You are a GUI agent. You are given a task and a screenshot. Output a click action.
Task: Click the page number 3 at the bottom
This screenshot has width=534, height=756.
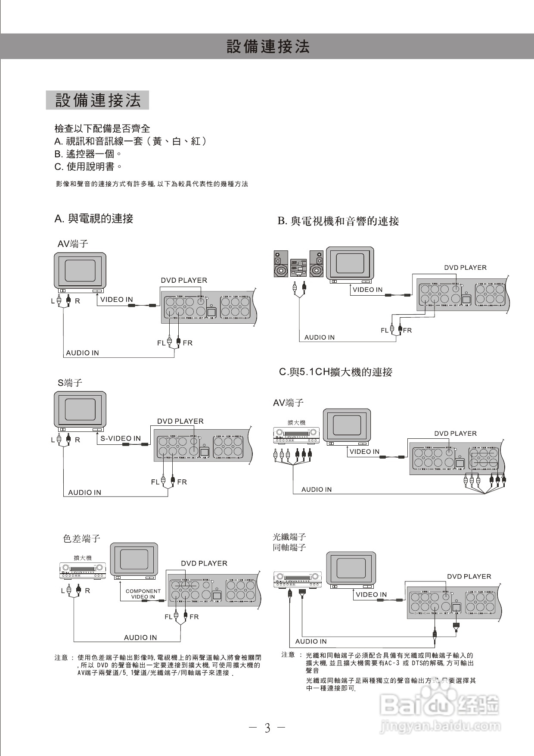[x=267, y=728]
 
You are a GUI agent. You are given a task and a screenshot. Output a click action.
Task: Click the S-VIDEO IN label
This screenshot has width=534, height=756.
[x=121, y=438]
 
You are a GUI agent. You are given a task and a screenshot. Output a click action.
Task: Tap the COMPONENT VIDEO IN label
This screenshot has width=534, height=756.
[x=143, y=594]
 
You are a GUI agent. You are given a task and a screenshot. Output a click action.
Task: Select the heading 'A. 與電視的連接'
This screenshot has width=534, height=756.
[x=94, y=219]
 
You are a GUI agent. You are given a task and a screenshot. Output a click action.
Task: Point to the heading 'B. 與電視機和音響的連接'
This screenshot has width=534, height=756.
[x=338, y=221]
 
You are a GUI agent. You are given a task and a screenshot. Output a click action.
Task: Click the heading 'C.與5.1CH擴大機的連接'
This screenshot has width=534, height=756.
[x=335, y=372]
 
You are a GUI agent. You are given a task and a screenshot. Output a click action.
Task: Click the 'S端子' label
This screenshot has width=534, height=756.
[x=70, y=383]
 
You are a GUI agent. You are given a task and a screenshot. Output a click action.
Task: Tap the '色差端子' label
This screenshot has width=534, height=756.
[x=81, y=538]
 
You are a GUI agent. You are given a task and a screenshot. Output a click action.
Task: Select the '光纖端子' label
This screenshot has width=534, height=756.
[x=289, y=537]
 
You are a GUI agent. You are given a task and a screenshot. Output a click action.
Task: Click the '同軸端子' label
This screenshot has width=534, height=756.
[x=289, y=547]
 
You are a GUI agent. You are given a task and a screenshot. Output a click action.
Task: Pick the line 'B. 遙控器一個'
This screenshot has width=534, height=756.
[x=88, y=154]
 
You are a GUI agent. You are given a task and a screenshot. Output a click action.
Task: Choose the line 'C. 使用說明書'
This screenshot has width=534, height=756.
[x=88, y=166]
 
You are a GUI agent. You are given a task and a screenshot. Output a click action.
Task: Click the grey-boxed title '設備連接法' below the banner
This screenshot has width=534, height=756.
[x=98, y=100]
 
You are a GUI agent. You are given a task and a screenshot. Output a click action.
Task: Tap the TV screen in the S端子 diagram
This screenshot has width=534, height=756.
[x=80, y=409]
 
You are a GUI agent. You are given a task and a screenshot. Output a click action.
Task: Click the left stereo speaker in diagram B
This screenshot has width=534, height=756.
[x=281, y=264]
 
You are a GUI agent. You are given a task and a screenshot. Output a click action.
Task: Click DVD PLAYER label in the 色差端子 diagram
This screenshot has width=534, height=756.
[x=204, y=563]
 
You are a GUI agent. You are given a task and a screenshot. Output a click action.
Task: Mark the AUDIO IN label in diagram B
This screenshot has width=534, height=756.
[x=319, y=337]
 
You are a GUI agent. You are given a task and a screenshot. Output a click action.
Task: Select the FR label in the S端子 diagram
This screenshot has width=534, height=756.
[x=182, y=482]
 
